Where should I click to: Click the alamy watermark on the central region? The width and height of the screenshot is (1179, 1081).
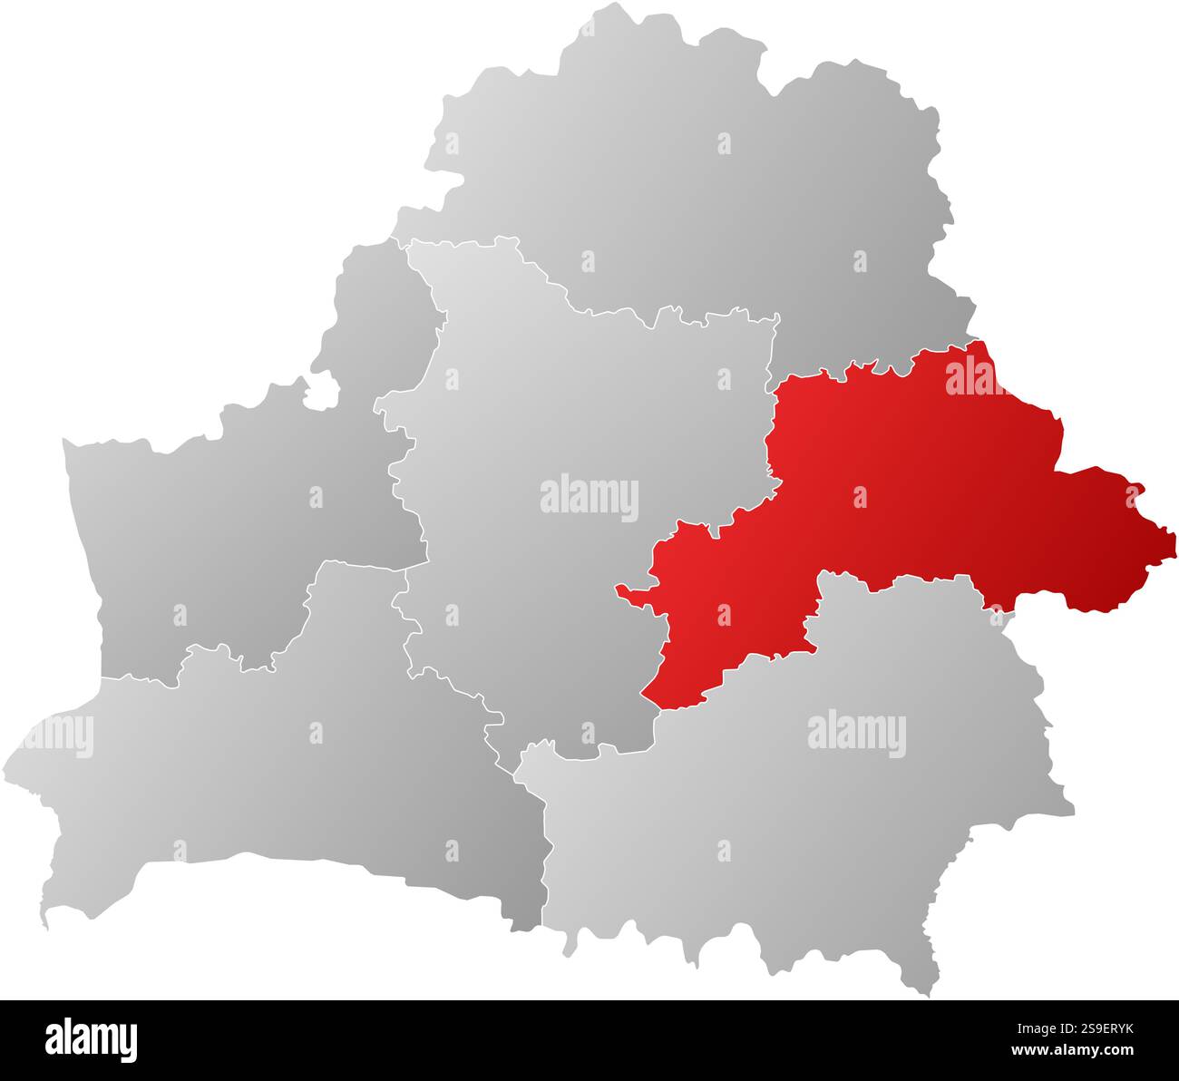point(589,498)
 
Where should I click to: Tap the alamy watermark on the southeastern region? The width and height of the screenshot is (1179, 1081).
point(856,734)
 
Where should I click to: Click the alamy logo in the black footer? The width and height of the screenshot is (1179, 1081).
point(92,1039)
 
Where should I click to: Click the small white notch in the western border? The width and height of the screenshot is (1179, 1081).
point(321,391)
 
